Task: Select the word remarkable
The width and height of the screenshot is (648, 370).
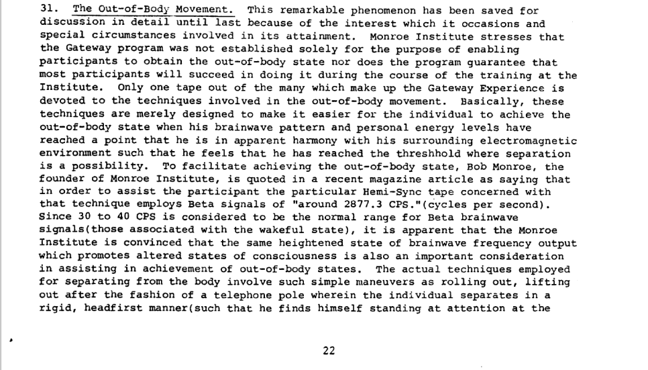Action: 307,10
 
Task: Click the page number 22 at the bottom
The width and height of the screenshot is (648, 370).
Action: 329,350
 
